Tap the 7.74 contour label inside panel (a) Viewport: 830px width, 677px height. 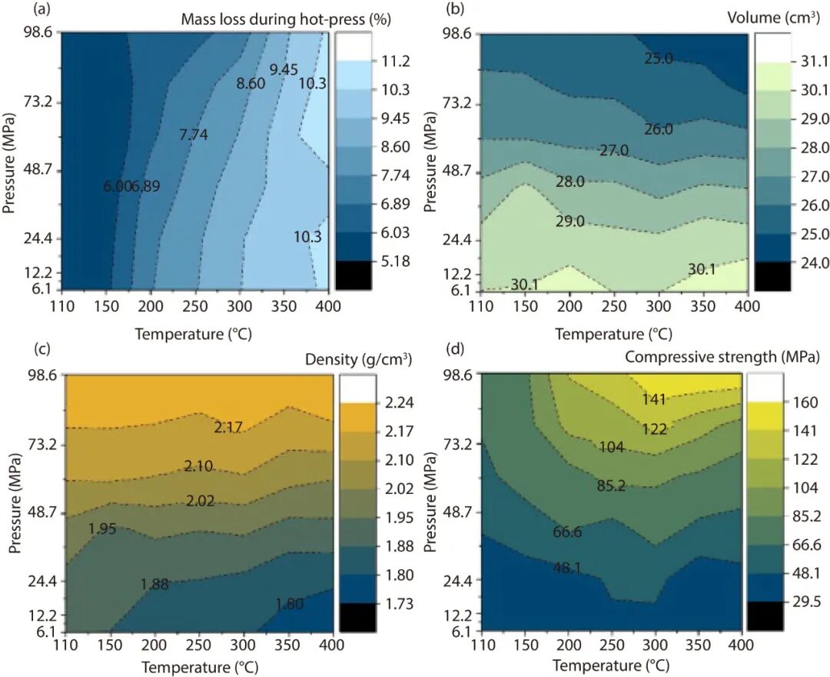193,134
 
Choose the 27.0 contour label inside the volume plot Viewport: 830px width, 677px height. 614,151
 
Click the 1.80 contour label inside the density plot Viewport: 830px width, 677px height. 290,604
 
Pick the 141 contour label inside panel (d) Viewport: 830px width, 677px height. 654,399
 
